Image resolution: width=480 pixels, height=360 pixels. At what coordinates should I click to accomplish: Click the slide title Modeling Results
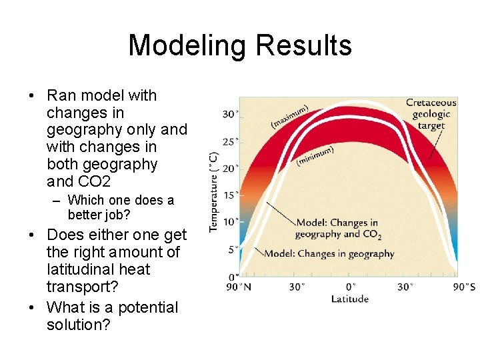click(x=240, y=45)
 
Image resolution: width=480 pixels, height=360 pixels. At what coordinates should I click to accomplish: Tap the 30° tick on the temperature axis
click(x=230, y=114)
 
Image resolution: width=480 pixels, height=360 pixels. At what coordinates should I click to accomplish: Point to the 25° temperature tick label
click(x=230, y=141)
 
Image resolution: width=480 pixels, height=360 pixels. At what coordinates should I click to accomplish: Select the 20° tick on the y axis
click(x=230, y=169)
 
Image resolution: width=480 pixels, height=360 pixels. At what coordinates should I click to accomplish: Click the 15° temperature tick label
click(x=230, y=195)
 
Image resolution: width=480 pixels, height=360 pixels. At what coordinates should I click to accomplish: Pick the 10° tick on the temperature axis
click(x=230, y=222)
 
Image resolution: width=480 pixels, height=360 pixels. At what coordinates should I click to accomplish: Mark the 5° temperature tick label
click(x=232, y=249)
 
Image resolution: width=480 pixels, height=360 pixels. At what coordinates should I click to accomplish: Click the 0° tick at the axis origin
click(x=233, y=276)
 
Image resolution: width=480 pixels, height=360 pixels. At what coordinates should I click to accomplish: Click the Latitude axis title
click(x=349, y=299)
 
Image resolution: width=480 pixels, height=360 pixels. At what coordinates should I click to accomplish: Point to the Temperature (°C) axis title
click(x=213, y=192)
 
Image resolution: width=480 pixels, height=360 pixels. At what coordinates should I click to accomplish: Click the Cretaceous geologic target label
click(x=431, y=114)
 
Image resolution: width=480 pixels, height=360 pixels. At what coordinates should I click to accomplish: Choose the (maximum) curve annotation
click(x=289, y=117)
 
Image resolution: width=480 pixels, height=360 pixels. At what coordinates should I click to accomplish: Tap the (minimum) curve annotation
click(x=315, y=156)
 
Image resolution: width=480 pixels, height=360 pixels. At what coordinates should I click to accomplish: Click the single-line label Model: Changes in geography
click(x=329, y=253)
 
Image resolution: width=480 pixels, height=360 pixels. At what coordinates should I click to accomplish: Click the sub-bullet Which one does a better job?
click(x=121, y=207)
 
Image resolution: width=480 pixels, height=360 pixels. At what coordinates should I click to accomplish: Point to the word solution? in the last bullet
click(x=79, y=325)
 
